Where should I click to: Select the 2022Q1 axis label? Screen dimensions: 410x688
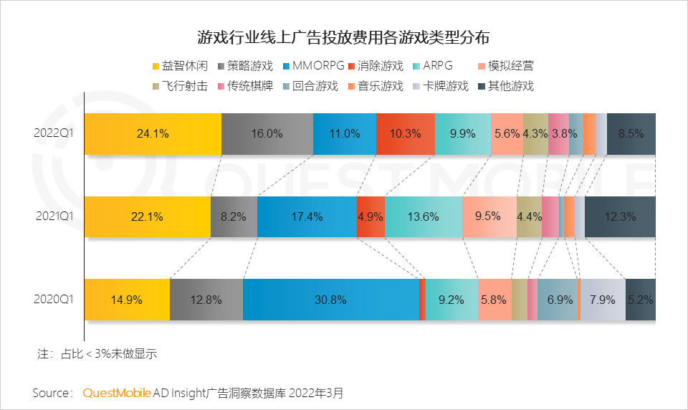click(54, 133)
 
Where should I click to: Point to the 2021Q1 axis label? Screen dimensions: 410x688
click(54, 216)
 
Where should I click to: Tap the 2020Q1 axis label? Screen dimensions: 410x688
click(54, 300)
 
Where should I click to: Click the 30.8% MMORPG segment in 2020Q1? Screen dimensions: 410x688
click(330, 300)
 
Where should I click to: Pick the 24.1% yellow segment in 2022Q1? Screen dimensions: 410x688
click(152, 133)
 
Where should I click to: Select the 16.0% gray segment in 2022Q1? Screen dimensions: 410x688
click(267, 133)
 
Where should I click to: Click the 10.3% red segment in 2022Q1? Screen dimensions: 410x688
click(405, 133)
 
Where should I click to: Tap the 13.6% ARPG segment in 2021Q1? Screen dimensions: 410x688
click(423, 216)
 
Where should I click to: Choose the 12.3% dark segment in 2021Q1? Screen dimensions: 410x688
click(619, 216)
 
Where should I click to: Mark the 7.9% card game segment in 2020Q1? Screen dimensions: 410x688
click(602, 300)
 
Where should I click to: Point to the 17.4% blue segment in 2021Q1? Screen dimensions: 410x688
click(306, 216)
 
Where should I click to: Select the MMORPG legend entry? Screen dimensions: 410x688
click(313, 66)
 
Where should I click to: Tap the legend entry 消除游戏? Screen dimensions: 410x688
click(376, 66)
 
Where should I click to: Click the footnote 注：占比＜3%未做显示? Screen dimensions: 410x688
click(97, 354)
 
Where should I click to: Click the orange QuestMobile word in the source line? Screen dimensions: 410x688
click(117, 393)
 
